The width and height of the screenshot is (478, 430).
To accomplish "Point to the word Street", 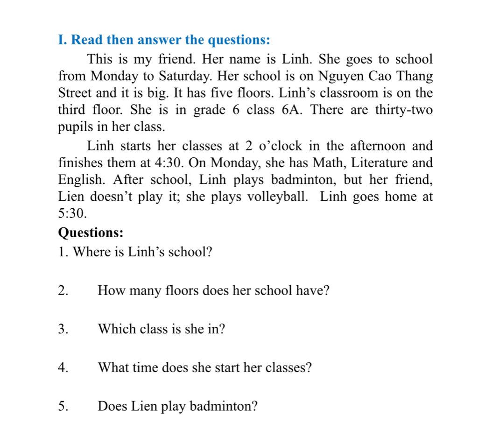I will pos(75,92).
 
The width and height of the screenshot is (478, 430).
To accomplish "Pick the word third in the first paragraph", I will pos(71,110).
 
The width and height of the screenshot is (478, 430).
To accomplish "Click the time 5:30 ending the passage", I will pos(72,214).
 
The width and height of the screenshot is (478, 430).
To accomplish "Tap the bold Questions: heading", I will pos(91,232).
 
